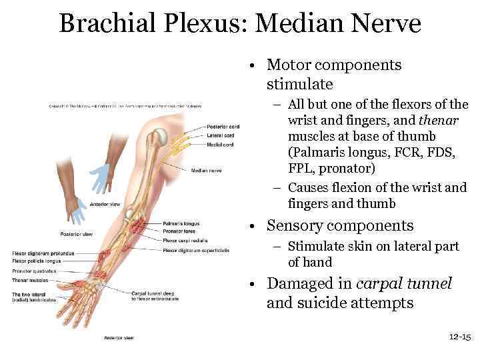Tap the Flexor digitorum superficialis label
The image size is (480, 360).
coord(196,251)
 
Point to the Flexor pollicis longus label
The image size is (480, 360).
coord(36,261)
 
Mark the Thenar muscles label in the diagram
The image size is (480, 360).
coord(27,281)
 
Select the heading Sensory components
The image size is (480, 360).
coord(340,226)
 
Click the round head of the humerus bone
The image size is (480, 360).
coord(160,137)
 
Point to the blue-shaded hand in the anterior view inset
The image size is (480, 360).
coord(100,177)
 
